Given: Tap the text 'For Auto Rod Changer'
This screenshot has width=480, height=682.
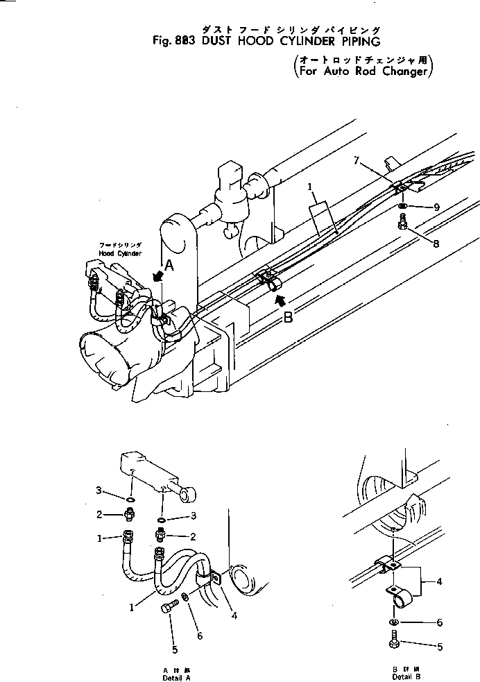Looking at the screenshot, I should pyautogui.click(x=363, y=71).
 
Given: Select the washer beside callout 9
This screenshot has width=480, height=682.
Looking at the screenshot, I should pyautogui.click(x=403, y=206).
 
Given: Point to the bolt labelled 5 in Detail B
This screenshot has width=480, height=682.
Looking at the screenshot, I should pyautogui.click(x=394, y=642).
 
